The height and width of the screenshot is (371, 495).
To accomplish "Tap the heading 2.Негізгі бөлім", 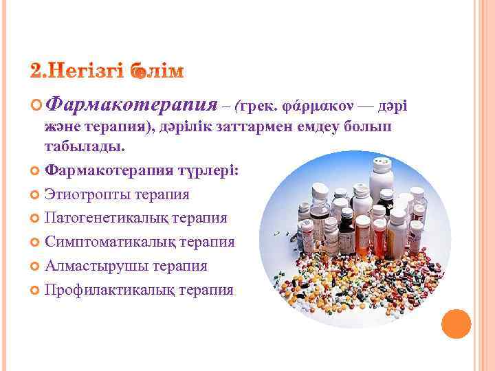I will [x=107, y=71].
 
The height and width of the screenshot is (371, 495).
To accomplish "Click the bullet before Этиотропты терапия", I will [x=36, y=195].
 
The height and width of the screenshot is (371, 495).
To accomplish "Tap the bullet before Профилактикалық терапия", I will [x=36, y=290].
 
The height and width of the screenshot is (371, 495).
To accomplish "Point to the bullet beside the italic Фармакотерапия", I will [x=36, y=106].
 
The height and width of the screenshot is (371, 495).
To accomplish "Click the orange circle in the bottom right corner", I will [x=456, y=324].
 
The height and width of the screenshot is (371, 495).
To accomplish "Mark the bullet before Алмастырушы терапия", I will [x=36, y=267].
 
